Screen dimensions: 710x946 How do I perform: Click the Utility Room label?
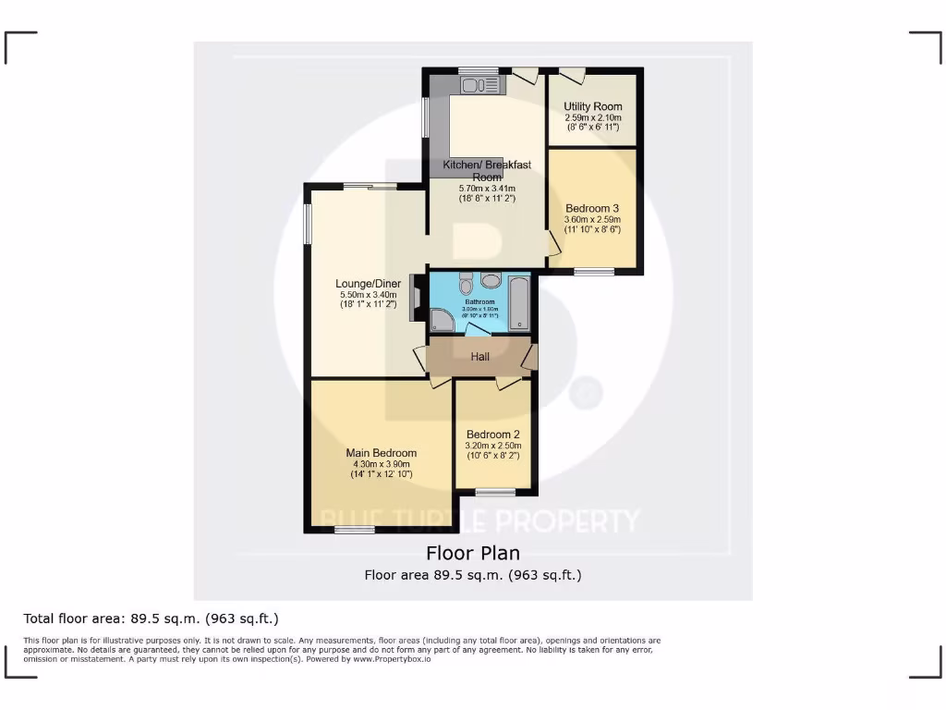point(593,107)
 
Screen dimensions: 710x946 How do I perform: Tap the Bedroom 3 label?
point(592,208)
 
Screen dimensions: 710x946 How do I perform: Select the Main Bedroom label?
point(382,453)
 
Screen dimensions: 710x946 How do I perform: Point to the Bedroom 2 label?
point(493,435)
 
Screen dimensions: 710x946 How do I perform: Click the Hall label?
point(479,357)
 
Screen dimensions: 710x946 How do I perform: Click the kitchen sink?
point(479,86)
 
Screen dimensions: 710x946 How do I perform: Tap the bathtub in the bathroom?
point(520,302)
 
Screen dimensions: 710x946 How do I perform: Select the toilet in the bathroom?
point(466,281)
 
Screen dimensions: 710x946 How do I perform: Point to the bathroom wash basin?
point(491,281)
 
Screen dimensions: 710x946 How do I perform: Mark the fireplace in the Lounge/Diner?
point(415,297)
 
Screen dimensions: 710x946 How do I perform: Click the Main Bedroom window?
point(355,530)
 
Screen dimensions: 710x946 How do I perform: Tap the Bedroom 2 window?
point(495,491)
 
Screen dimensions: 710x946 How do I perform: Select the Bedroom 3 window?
point(594,272)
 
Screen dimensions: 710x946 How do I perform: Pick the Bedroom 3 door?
point(553,243)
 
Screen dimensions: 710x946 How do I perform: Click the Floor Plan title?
point(473,553)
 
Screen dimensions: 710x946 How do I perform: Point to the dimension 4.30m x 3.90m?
point(382,464)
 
